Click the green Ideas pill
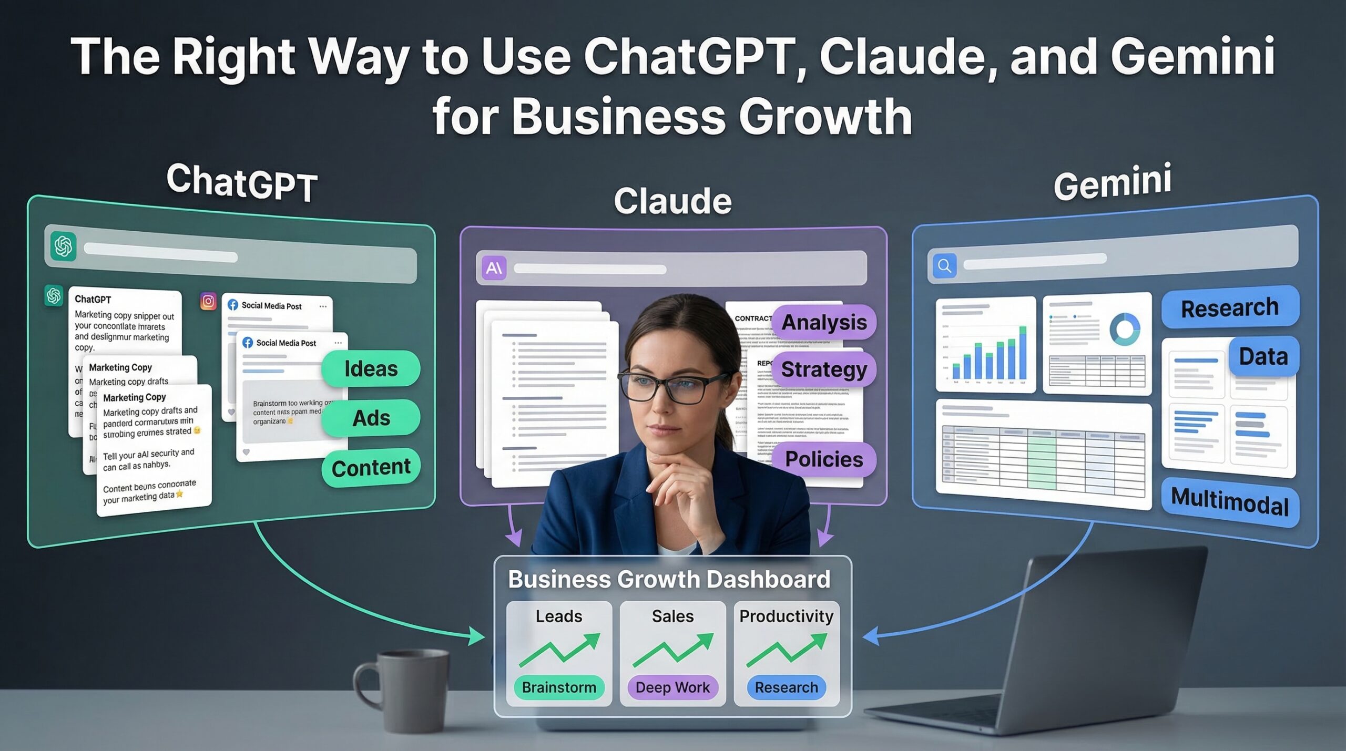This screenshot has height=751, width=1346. (x=371, y=369)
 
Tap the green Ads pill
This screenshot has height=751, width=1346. (x=371, y=418)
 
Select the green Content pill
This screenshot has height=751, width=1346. (x=371, y=467)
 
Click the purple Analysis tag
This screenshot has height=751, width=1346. (x=824, y=322)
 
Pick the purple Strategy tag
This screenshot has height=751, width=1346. (x=824, y=369)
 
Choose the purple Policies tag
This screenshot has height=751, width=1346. (x=824, y=459)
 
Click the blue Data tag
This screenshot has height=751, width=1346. (x=1263, y=357)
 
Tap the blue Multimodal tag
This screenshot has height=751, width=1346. (x=1230, y=501)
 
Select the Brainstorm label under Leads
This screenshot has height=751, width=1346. (x=559, y=687)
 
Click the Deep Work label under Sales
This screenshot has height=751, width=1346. (x=672, y=687)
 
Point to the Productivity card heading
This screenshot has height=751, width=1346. (x=786, y=616)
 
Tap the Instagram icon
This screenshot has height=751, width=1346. (x=208, y=301)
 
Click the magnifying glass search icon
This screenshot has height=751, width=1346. (x=944, y=266)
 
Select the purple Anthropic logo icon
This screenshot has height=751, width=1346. (x=494, y=269)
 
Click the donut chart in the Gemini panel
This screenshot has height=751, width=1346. (x=1125, y=329)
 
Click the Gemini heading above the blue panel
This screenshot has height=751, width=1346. (x=1113, y=182)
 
